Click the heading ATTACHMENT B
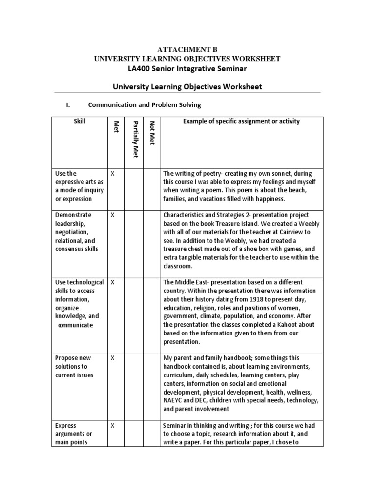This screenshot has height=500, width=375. point(187,50)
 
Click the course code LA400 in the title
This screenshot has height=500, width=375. point(138,68)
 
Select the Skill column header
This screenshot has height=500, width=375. point(79,121)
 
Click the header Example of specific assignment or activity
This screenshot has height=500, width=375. point(241,121)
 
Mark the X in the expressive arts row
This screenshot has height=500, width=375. point(113,173)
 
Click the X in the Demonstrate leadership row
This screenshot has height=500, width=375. point(113,215)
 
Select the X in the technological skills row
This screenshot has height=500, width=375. point(113,282)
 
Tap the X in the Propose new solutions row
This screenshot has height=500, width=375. point(113,358)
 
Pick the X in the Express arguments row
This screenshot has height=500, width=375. point(113,425)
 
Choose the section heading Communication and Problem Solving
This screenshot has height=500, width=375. point(145,104)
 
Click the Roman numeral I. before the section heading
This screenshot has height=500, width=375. point(69,104)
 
